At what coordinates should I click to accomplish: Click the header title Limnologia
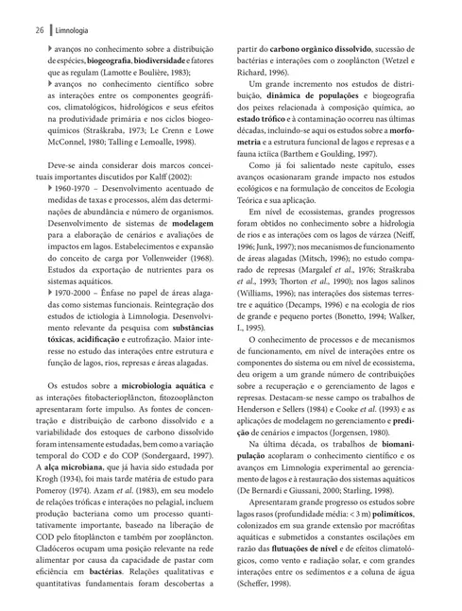[61, 30]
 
